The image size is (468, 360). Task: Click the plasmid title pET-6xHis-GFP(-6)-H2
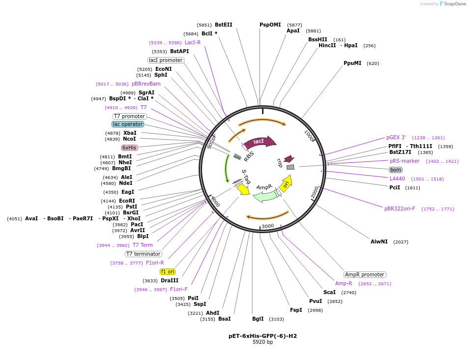(263, 336)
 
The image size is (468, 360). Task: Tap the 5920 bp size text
(263, 342)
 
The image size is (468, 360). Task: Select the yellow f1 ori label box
(168, 271)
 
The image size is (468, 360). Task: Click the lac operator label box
(128, 124)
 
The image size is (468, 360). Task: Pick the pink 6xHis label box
(130, 148)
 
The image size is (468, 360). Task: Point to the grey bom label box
(396, 170)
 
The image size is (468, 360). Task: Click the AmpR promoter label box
(365, 275)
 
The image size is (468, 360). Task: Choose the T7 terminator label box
(143, 254)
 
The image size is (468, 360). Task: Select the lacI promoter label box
(166, 60)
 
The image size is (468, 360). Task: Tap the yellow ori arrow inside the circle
(286, 183)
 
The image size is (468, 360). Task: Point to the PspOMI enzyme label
(270, 25)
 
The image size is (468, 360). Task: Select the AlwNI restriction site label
(379, 241)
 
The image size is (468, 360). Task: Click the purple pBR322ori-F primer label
(400, 209)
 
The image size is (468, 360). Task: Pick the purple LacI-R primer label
(193, 42)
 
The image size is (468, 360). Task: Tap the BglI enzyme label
(258, 319)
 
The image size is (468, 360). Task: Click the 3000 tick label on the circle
(267, 226)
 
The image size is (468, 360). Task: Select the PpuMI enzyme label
(352, 63)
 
